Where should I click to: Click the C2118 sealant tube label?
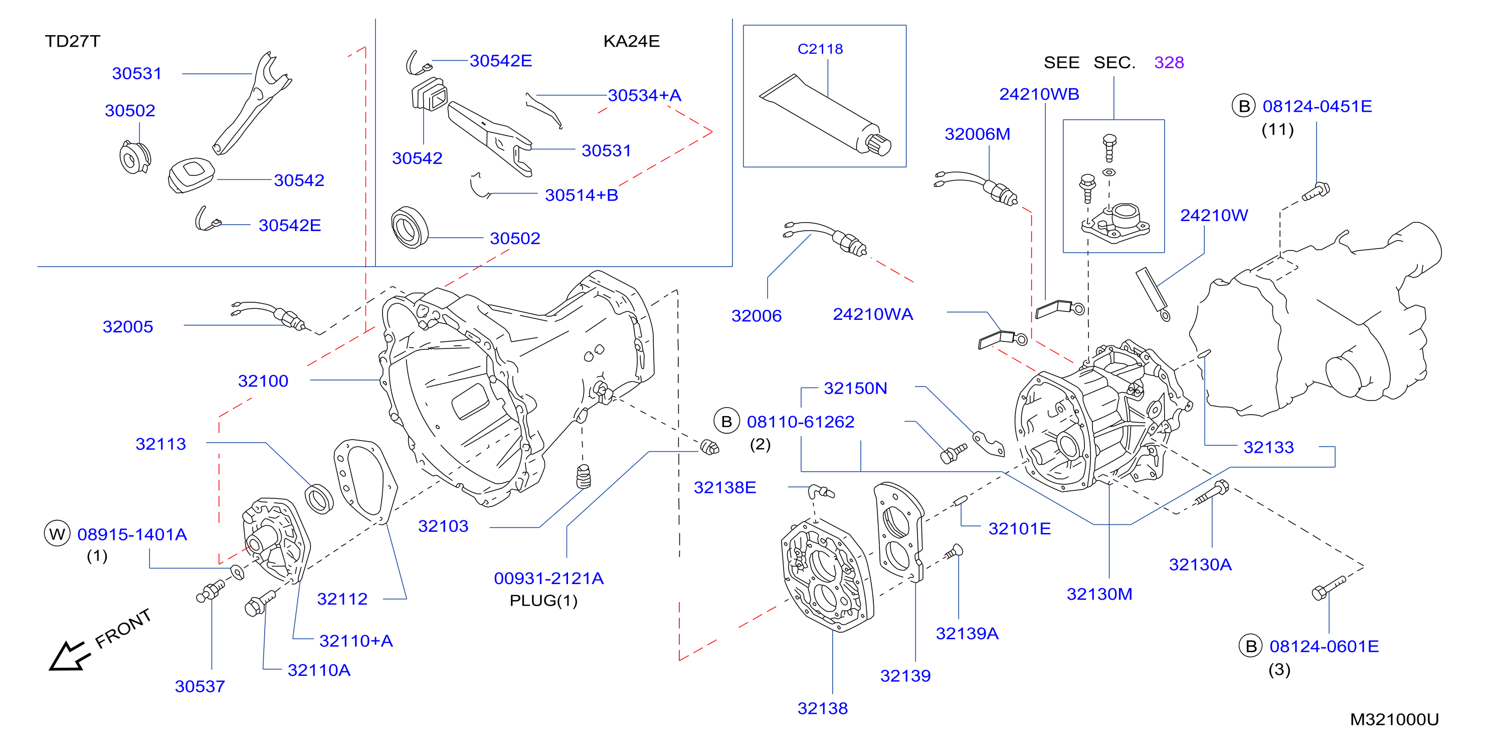pyautogui.click(x=820, y=49)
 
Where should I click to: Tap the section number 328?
pyautogui.click(x=1169, y=62)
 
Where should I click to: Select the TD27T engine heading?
pyautogui.click(x=73, y=41)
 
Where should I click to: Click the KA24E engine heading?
pyautogui.click(x=631, y=41)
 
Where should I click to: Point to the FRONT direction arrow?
pyautogui.click(x=70, y=656)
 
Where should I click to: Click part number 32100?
pyautogui.click(x=263, y=381)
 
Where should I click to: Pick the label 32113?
pyautogui.click(x=160, y=444)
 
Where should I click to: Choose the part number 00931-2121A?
pyautogui.click(x=548, y=579)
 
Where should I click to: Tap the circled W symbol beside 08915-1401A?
pyautogui.click(x=57, y=533)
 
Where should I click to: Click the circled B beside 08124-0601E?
pyautogui.click(x=1251, y=646)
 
